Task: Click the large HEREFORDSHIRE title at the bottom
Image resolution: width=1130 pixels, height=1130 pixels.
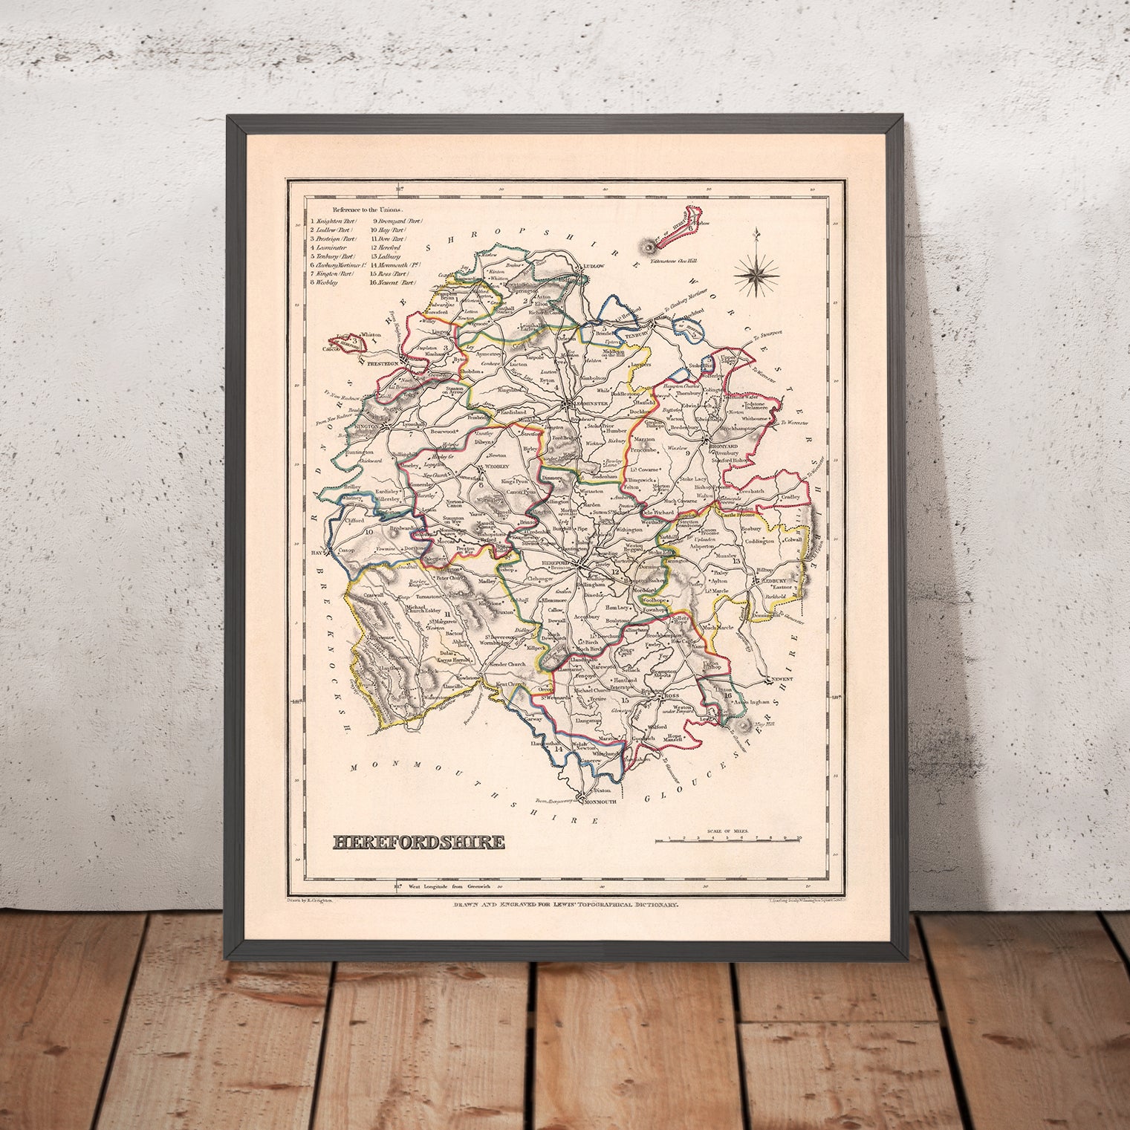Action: [418, 842]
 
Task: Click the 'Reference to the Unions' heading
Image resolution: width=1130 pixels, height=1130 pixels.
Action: [360, 210]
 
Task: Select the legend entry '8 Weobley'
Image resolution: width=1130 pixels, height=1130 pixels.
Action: [324, 282]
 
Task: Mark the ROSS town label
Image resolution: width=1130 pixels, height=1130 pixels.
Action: [672, 695]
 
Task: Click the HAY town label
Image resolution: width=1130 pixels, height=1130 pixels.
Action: [316, 553]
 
